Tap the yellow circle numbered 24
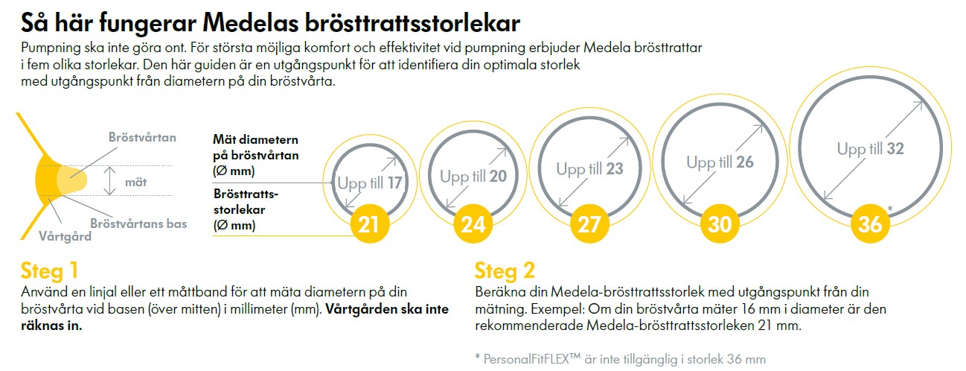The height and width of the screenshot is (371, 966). [x=473, y=224]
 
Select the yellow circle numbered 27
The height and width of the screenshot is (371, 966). [x=589, y=224]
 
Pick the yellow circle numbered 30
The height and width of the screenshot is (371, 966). [x=720, y=224]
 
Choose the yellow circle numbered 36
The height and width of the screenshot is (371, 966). [x=869, y=224]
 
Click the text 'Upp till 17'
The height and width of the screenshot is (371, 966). [x=370, y=183]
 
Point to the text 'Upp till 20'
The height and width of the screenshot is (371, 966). [x=473, y=177]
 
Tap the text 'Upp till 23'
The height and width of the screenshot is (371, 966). [x=589, y=169]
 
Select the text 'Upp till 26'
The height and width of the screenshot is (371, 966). [x=720, y=162]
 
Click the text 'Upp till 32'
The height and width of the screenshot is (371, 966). [x=870, y=149]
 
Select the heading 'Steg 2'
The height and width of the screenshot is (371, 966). [x=505, y=270]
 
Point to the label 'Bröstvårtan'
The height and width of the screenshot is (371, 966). [x=142, y=138]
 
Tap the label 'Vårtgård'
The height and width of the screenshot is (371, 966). [x=65, y=237]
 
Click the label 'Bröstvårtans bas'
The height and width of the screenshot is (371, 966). [x=138, y=223]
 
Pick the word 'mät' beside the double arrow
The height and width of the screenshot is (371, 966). [x=135, y=180]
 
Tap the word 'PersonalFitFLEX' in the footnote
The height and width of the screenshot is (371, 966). [x=531, y=358]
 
